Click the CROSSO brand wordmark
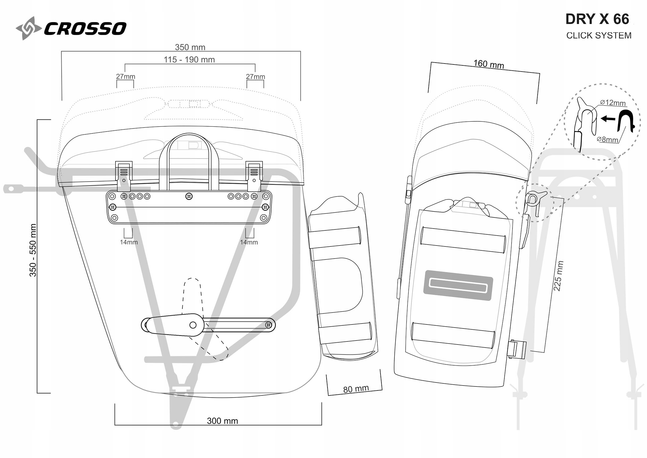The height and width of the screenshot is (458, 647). pyautogui.click(x=85, y=28)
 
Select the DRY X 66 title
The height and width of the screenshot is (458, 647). pyautogui.click(x=597, y=19)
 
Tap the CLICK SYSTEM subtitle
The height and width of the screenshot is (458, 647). pyautogui.click(x=599, y=35)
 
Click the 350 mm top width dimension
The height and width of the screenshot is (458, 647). pyautogui.click(x=190, y=47)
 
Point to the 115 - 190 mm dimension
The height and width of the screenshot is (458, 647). pyautogui.click(x=189, y=60)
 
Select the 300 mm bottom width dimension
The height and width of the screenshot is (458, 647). pyautogui.click(x=222, y=421)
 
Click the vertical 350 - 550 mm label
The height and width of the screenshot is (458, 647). pyautogui.click(x=33, y=250)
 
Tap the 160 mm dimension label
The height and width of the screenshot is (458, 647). pyautogui.click(x=489, y=64)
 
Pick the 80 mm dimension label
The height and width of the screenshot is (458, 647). pyautogui.click(x=356, y=389)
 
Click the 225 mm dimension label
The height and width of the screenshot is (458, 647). pyautogui.click(x=558, y=276)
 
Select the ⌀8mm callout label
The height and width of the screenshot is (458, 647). pyautogui.click(x=607, y=139)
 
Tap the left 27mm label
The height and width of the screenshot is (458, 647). pyautogui.click(x=125, y=76)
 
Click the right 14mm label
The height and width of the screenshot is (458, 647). pyautogui.click(x=249, y=242)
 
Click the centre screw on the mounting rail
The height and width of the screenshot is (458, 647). pyautogui.click(x=189, y=196)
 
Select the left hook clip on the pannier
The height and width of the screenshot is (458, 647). pyautogui.click(x=124, y=175)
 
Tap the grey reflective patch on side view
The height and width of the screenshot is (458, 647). pyautogui.click(x=458, y=285)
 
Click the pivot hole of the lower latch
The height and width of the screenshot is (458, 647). pyautogui.click(x=193, y=325)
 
